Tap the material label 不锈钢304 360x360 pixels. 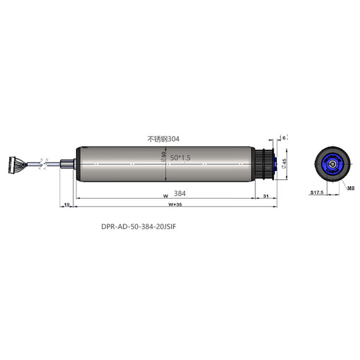[164, 140]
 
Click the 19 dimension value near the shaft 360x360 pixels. [66, 206]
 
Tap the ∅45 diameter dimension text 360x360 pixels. [284, 163]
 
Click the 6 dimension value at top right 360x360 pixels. [283, 138]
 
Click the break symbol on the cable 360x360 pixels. [43, 165]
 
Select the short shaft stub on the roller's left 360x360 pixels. [66, 165]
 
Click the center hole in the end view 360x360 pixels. [334, 164]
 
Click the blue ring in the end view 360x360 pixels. [326, 164]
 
